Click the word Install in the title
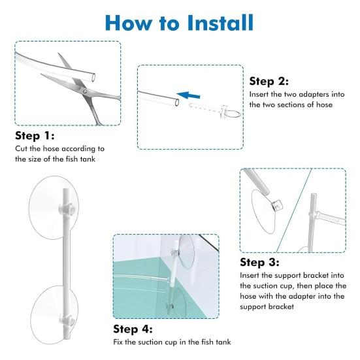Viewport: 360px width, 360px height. coord(220,23)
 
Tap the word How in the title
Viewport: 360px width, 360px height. coord(129,23)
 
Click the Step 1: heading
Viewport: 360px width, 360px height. coord(35,135)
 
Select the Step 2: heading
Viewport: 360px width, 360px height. coord(269,81)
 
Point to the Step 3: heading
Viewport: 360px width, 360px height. coord(259,262)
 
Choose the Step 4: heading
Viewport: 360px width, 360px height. coord(133,329)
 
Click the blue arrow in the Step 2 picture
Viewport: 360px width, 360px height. coord(188,95)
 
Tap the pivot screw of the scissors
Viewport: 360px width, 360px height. coord(85,91)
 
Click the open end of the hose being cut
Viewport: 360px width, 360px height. coord(93,77)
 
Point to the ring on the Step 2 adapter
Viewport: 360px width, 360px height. coord(233,110)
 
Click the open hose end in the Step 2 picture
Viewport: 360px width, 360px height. coord(177,103)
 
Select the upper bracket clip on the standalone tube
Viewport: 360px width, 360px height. coord(66,208)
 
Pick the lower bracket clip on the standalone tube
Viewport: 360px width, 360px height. coord(66,320)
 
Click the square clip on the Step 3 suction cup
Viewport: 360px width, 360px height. coord(277,205)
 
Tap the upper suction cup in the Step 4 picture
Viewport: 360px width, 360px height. coord(186,251)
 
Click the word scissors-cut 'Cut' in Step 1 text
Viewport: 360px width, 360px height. coord(21,149)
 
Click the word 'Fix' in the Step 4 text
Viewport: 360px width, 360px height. coord(118,342)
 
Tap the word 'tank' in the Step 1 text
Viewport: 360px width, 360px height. coord(88,159)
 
